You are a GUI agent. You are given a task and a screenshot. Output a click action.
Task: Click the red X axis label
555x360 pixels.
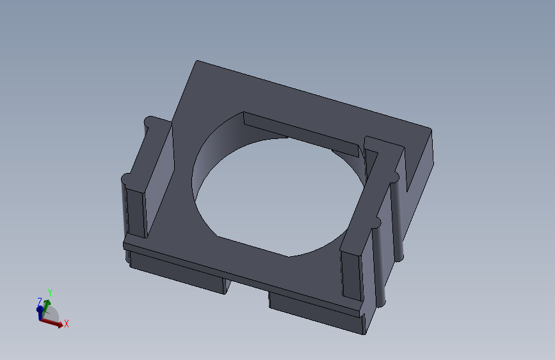click(66, 323)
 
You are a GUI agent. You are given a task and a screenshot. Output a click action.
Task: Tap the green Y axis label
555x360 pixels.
click(50, 293)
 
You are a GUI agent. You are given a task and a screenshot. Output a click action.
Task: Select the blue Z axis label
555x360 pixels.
click(40, 302)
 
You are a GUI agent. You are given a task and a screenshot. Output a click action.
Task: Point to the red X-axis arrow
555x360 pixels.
click(52, 323)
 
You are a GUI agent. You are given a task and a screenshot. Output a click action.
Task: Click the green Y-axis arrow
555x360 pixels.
click(45, 308)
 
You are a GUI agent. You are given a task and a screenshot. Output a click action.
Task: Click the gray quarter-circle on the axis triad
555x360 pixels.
click(51, 313)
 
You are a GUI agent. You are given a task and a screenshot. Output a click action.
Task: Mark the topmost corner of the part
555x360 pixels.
click(197, 61)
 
